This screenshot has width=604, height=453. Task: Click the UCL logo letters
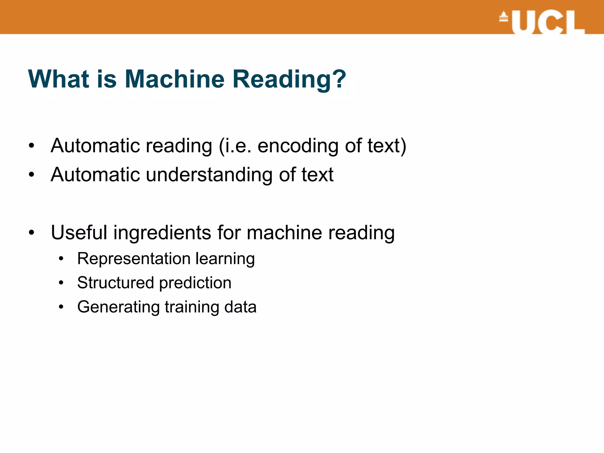coord(548,22)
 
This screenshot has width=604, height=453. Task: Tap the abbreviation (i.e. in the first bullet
coord(235,146)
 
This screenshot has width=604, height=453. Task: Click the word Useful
coord(79,232)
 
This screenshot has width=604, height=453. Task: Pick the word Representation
coord(134,259)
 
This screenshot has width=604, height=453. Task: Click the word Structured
coord(115,283)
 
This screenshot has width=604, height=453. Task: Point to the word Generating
coord(118,307)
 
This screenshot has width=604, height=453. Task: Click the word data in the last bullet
coord(240,307)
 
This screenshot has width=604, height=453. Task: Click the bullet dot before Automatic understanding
coord(32,175)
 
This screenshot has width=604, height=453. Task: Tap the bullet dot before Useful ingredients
coord(32,232)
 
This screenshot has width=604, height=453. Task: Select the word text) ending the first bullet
coord(387,146)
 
